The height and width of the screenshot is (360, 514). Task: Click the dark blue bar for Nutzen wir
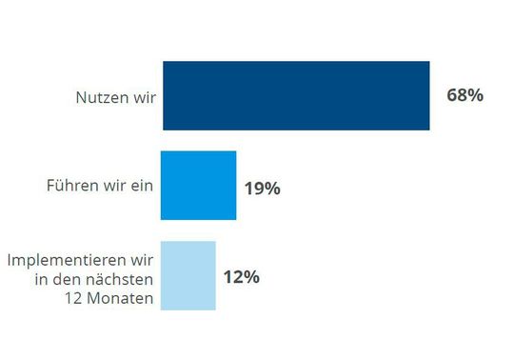tap(296, 95)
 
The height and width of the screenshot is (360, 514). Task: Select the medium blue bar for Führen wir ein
tap(198, 186)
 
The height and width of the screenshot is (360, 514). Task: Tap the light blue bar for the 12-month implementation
tap(188, 275)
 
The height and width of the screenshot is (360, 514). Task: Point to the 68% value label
tap(465, 95)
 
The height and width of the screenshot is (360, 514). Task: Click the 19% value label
tap(262, 189)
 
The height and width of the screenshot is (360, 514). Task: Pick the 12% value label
tap(241, 277)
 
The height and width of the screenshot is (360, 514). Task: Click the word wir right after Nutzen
tap(139, 97)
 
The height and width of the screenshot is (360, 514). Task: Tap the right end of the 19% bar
tap(234, 186)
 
